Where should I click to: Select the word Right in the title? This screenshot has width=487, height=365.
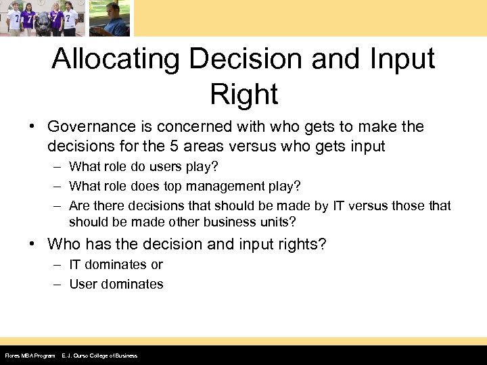(243, 94)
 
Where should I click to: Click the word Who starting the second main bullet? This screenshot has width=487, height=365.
(63, 244)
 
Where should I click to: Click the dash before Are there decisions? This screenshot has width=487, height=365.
(59, 205)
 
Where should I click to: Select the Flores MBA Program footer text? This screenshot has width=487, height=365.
(29, 356)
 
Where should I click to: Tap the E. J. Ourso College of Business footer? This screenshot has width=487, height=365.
(99, 356)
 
